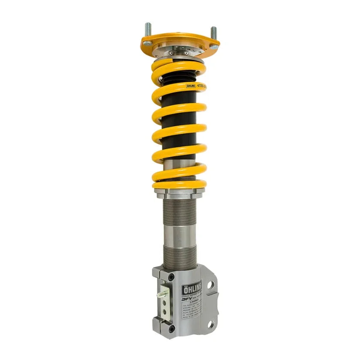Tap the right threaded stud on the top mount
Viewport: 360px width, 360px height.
coord(213,33)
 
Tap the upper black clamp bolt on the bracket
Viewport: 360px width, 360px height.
coord(171,278)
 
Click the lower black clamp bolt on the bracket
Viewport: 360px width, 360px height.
coord(171,329)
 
